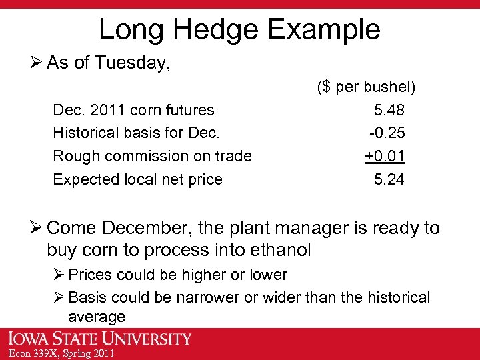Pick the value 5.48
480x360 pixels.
389,110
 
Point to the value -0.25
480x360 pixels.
387,133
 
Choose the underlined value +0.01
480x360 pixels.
385,156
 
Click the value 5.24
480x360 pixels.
389,179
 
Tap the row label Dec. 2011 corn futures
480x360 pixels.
133,110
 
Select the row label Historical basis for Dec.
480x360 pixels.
136,133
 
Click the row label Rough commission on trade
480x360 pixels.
152,156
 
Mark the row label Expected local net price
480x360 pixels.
137,179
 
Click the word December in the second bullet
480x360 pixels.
147,229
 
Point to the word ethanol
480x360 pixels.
277,251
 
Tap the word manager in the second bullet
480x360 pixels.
317,229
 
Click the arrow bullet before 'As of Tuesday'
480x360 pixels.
37,63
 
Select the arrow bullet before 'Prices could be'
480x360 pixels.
59,275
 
